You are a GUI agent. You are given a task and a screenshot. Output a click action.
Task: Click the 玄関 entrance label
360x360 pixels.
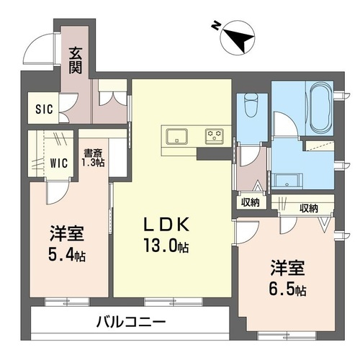pos(76,60)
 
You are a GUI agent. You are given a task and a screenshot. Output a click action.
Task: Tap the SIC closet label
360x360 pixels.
pos(44,109)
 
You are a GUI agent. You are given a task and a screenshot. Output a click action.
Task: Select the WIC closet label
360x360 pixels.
pos(59,163)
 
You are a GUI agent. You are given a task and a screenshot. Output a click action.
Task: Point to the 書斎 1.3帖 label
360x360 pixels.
pos(93,158)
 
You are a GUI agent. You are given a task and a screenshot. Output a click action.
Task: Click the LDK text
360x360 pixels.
pos(166,224)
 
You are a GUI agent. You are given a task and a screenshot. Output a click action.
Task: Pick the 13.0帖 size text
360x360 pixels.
pos(166,246)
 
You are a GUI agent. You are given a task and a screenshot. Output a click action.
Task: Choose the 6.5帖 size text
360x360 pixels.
pos(287,289)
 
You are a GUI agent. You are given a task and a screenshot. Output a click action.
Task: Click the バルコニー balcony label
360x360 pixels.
pos(131,322)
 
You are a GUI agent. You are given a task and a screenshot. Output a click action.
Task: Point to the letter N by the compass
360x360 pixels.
pos(215,26)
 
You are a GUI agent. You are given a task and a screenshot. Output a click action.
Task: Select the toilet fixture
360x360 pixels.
pos(251,105)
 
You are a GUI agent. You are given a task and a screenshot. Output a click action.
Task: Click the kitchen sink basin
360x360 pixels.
pos(177,136)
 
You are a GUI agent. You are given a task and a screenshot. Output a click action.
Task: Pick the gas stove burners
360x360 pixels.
pos(215,136)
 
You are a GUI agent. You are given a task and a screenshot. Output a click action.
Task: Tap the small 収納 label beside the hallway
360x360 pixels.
pos(251,202)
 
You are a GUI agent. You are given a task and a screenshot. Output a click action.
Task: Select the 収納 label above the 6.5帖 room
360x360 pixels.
pos(309,208)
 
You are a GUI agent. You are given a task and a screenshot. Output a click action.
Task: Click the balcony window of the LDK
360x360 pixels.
pos(174,302)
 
